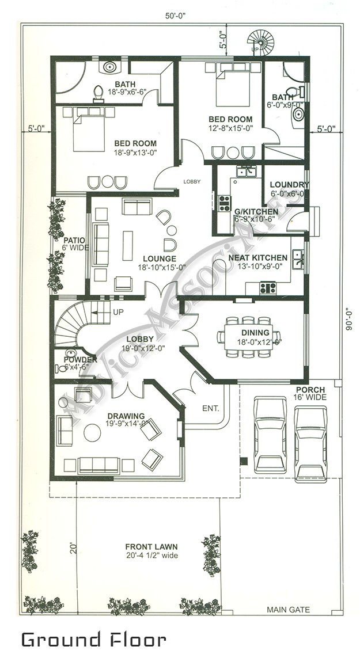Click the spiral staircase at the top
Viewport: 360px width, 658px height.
(x=262, y=42)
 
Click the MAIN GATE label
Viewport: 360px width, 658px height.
(x=288, y=609)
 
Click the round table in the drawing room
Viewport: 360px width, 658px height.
(x=92, y=432)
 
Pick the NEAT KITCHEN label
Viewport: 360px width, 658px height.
(x=257, y=258)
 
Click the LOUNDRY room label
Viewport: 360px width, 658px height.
(x=289, y=185)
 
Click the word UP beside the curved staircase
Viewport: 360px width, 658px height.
(x=119, y=311)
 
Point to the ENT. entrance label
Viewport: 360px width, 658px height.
(x=210, y=408)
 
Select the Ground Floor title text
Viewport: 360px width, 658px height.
(x=94, y=639)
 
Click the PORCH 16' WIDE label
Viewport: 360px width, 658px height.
(x=310, y=394)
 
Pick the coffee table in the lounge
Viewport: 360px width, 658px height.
(x=127, y=245)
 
